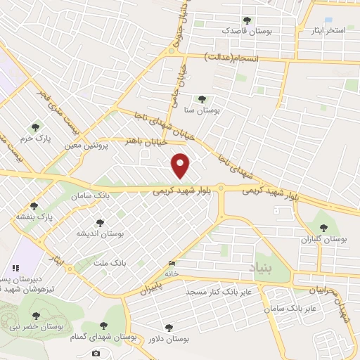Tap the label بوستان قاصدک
[x=245, y=31]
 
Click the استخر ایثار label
[x=328, y=32]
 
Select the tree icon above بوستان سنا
[x=202, y=100]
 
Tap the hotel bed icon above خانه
[x=172, y=264]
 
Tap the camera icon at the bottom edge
[x=96, y=353]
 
